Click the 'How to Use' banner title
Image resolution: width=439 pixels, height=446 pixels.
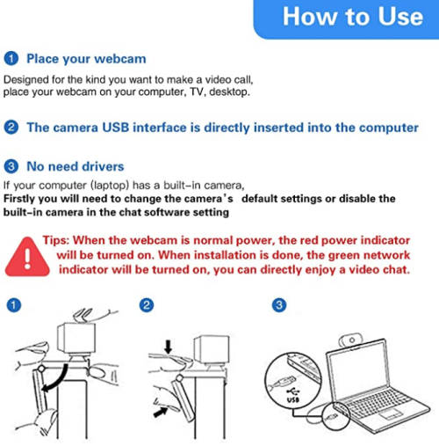(353, 17)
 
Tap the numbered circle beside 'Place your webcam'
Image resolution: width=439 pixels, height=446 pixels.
(11, 58)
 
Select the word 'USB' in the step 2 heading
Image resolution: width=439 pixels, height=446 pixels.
(116, 128)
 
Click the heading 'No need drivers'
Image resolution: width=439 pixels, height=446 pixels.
(76, 166)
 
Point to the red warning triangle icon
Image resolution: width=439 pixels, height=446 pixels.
(27, 257)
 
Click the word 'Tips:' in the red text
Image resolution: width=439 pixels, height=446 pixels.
(56, 240)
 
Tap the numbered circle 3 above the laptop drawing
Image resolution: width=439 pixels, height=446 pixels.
(279, 305)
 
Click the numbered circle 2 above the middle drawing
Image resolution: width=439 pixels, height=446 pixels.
(147, 305)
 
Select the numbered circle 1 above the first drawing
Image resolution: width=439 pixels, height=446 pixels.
(14, 305)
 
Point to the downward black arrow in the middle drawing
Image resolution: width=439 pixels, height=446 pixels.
(169, 347)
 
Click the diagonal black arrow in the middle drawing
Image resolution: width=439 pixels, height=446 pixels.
(161, 412)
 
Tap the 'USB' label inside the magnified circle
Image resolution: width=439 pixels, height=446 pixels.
(292, 399)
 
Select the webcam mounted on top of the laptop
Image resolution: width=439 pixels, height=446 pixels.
(350, 340)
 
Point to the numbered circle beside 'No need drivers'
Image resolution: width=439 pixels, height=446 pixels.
(11, 166)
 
